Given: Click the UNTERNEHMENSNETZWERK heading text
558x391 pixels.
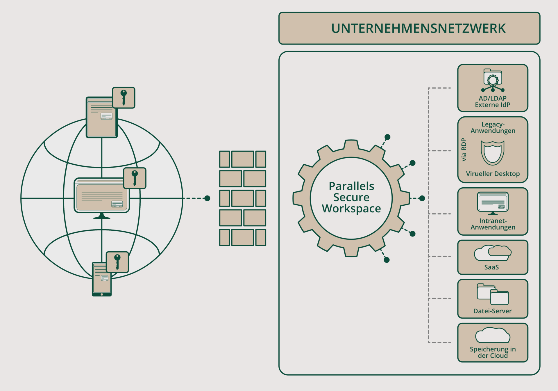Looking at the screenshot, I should pyautogui.click(x=418, y=29).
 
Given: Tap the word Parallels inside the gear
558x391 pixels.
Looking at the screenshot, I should pyautogui.click(x=351, y=186).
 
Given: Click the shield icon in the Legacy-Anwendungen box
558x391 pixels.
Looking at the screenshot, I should pyautogui.click(x=492, y=152).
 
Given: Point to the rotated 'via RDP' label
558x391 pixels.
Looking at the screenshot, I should pyautogui.click(x=464, y=150).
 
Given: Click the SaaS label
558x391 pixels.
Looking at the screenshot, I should pyautogui.click(x=491, y=267).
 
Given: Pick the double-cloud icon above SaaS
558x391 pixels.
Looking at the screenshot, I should pyautogui.click(x=492, y=253).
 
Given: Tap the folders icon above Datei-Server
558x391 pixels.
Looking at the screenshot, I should pyautogui.click(x=493, y=294).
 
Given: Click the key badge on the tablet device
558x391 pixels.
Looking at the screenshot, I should pyautogui.click(x=124, y=97).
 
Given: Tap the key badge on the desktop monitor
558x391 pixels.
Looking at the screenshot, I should pyautogui.click(x=135, y=178).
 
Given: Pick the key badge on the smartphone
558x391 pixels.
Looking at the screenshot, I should pyautogui.click(x=117, y=262).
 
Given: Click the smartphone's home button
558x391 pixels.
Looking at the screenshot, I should pyautogui.click(x=102, y=294).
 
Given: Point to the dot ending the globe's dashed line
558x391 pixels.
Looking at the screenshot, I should pyautogui.click(x=207, y=198).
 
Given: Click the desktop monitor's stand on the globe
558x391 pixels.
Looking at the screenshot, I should pyautogui.click(x=102, y=216).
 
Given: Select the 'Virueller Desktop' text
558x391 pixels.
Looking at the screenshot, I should pyautogui.click(x=493, y=174).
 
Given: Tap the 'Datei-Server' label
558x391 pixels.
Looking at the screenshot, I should pyautogui.click(x=493, y=311).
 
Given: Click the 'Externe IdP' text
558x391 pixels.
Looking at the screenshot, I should pyautogui.click(x=493, y=105).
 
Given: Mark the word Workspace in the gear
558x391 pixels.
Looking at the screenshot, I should pyautogui.click(x=351, y=209).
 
